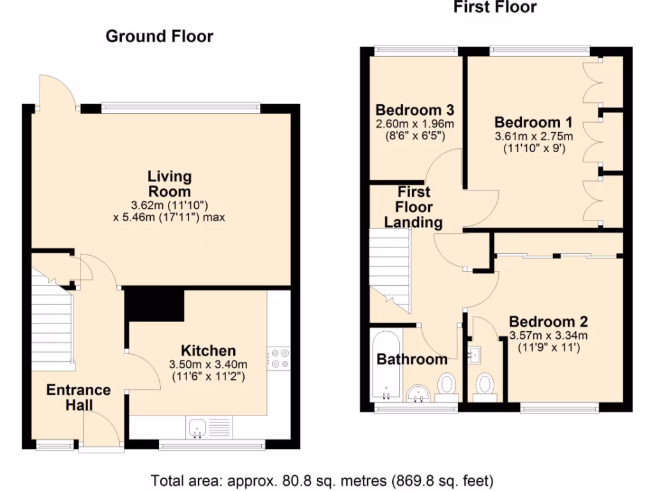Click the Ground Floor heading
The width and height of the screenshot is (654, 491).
coord(159,36)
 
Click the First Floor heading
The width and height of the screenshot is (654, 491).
coord(495,8)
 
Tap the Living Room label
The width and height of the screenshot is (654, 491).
coord(169,183)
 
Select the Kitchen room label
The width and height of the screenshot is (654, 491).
coord(208,350)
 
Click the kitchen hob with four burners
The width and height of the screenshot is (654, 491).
coord(278,358)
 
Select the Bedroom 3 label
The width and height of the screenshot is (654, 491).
coord(409,109)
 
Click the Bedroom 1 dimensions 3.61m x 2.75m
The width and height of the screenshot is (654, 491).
coord(534,136)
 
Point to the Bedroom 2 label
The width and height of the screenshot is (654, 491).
coord(548,322)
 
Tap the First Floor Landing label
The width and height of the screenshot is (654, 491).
coord(413,207)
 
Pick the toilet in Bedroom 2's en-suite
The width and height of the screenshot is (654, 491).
coord(486,386)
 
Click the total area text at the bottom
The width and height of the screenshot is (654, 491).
coord(322,479)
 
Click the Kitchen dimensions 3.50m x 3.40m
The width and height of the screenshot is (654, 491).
coord(208,364)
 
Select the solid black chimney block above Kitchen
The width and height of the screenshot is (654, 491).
coord(153,303)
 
